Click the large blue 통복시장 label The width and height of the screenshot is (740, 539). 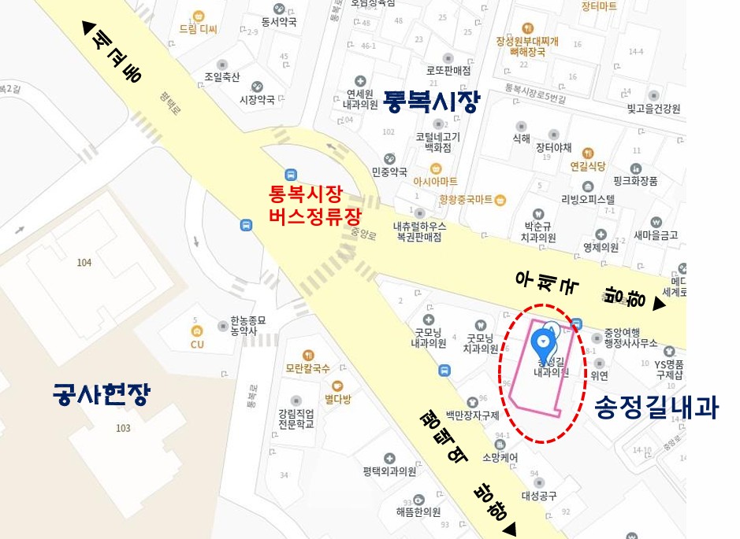coord(430,102)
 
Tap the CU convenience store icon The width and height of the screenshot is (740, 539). coord(197,331)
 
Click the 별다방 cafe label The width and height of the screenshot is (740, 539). coord(337,397)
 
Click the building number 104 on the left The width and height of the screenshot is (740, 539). coord(84,262)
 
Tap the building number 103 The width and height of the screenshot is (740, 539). coord(123,428)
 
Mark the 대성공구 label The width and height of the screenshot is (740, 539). coord(539,496)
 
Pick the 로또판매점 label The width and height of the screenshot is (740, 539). coord(448,70)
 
